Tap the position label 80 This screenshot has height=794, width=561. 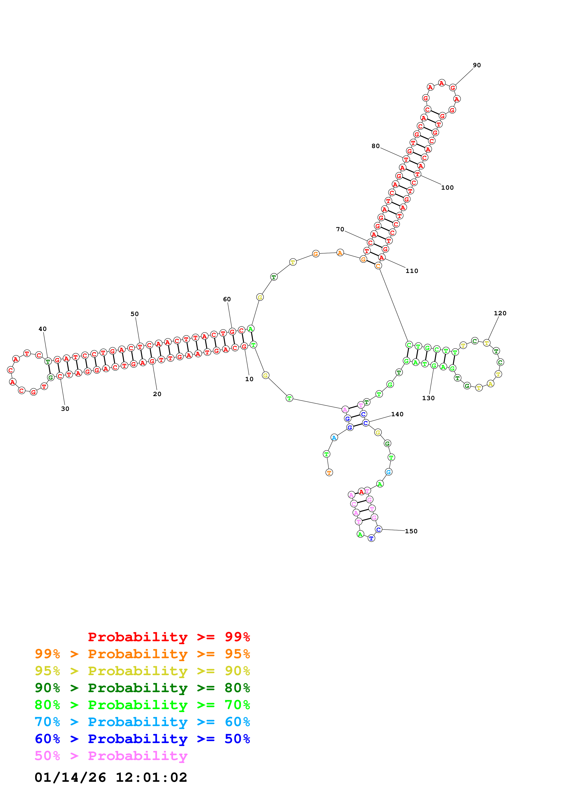coord(375,146)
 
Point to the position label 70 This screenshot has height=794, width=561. coord(340,229)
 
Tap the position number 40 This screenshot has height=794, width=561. coord(43,329)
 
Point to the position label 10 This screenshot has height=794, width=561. coord(249,379)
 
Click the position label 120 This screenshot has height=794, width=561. coord(500,313)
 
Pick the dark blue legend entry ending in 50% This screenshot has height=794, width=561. coord(142,739)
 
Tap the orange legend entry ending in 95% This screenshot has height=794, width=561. coord(142,654)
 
